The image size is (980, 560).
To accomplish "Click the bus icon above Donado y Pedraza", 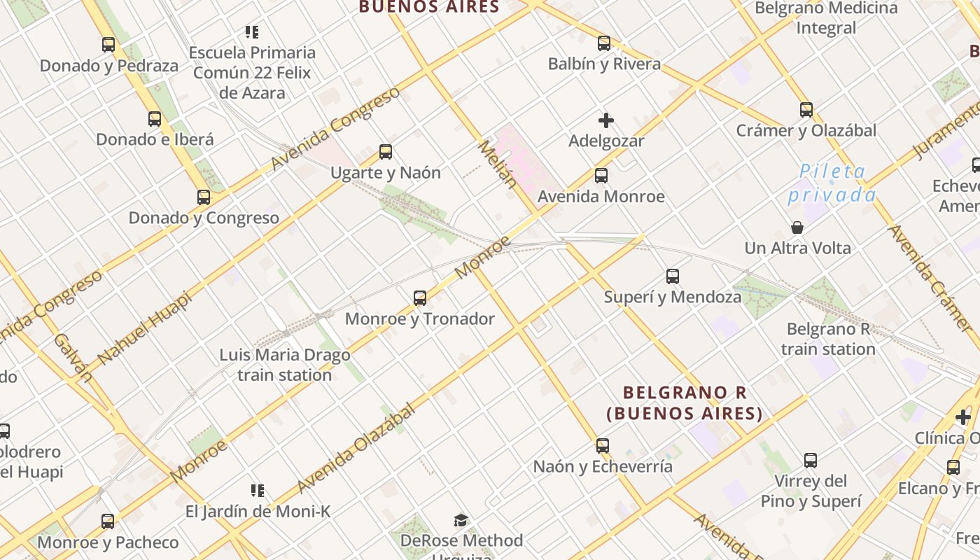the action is [108, 45].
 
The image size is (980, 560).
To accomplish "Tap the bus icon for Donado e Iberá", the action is [155, 119].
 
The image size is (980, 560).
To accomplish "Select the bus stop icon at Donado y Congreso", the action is [204, 197].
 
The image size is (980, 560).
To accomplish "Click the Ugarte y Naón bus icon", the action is [385, 152].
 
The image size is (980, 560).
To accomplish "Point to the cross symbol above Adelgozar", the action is [606, 120].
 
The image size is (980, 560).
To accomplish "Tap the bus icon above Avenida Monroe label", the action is [601, 176].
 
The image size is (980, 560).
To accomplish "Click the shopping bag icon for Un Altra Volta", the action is [797, 227].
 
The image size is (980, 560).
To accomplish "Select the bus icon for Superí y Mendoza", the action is [673, 276].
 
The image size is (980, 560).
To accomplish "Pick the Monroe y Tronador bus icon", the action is [420, 298].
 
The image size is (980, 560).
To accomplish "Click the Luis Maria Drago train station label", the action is [285, 365].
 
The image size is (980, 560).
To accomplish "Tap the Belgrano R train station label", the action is [828, 339].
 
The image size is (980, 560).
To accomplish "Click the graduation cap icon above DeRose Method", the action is [461, 520].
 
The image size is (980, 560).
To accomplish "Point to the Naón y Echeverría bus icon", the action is [602, 446].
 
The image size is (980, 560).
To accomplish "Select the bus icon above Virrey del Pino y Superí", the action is [811, 461].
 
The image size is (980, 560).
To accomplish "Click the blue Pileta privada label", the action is [832, 183].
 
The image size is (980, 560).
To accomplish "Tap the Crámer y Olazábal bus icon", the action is [806, 110].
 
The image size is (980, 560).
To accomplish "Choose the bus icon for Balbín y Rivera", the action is [604, 43].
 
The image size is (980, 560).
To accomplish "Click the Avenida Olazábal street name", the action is [356, 448].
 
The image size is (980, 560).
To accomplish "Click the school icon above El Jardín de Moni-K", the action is [258, 491].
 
